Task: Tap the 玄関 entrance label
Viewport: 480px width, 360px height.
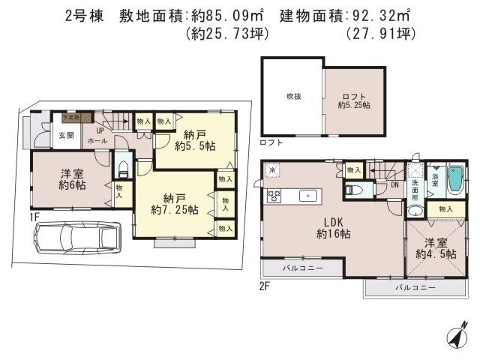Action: (x=67, y=136)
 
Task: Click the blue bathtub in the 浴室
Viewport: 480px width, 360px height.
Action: (x=455, y=179)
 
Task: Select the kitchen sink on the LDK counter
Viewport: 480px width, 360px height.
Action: (x=307, y=196)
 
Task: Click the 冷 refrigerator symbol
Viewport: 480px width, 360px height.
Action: (x=273, y=170)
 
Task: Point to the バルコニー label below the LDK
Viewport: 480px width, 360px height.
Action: (x=302, y=268)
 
